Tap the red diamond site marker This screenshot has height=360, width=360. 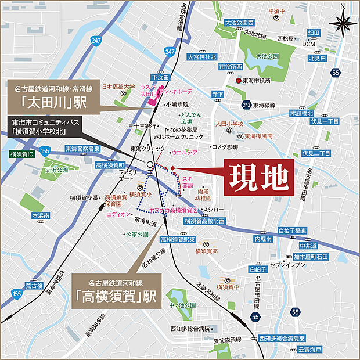(x=172, y=168)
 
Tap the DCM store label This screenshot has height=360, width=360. (x=308, y=44)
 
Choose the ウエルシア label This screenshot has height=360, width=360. (x=185, y=154)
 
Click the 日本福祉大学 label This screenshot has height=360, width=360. (x=118, y=87)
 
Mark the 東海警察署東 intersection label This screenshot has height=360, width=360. (x=82, y=149)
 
